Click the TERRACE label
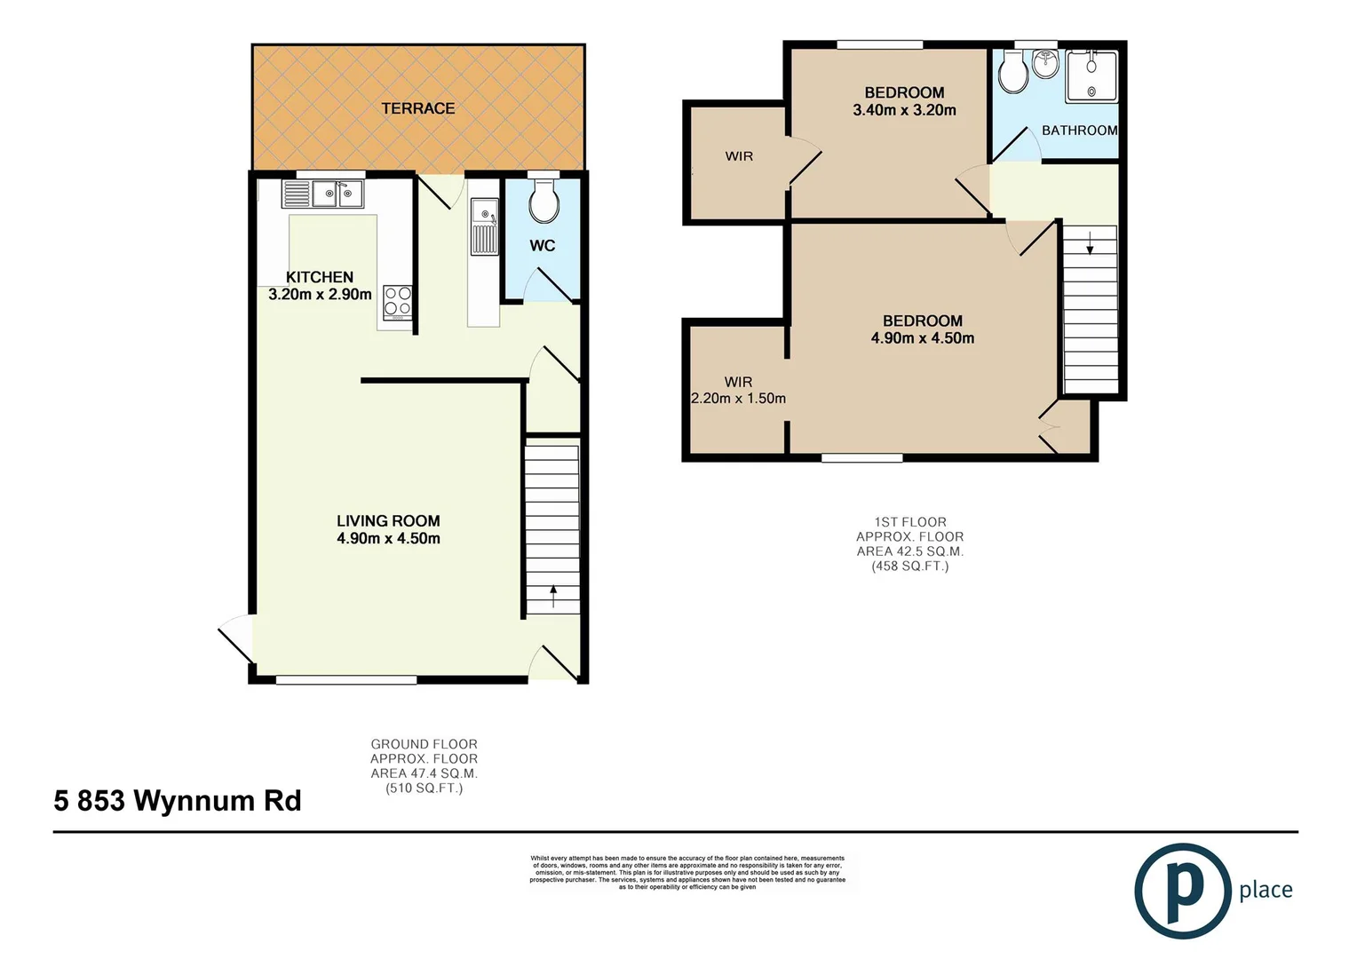(417, 108)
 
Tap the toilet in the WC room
(544, 203)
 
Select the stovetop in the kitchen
(397, 302)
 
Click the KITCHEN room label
(320, 277)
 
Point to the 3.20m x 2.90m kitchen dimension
(320, 294)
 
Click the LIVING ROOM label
(388, 521)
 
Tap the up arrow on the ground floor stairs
(553, 595)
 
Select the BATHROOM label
(1079, 131)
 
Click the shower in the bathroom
(1091, 75)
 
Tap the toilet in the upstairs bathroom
(1012, 72)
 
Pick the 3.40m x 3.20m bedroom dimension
(904, 110)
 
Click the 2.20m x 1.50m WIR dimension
(738, 399)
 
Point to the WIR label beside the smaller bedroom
(739, 156)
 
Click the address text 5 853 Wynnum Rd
(178, 800)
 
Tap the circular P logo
(1182, 891)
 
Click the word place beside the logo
(1266, 890)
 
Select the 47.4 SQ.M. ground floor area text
(424, 773)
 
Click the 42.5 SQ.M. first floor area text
(909, 551)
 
